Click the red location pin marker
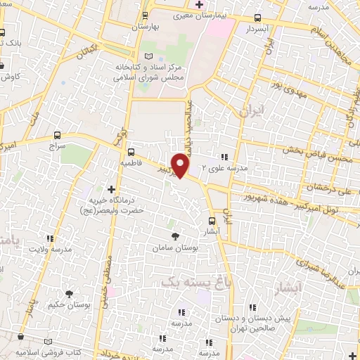[x=181, y=166]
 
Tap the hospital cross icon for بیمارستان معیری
[x=199, y=5]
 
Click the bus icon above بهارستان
[x=146, y=15]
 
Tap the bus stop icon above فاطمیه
[x=131, y=151]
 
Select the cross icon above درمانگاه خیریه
[x=111, y=188]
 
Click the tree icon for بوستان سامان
[x=175, y=237]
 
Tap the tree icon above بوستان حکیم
[x=69, y=295]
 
